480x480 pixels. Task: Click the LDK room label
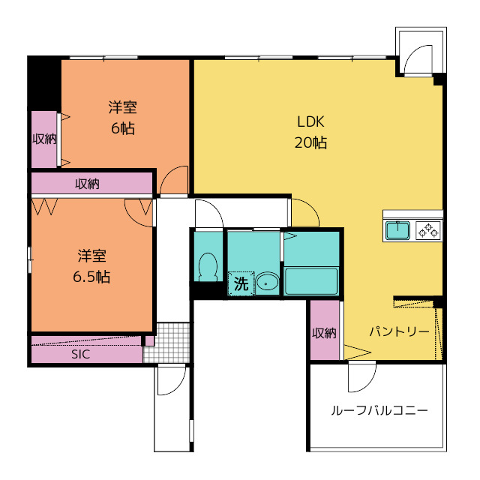pos(310,121)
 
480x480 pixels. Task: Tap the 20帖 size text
pos(310,142)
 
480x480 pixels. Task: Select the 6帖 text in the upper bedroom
pos(122,128)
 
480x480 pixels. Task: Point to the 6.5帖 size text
pos(91,277)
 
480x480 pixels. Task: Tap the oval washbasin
pos(267,283)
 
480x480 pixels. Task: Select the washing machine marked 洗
pos(241,283)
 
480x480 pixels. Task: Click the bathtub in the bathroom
pos(311,281)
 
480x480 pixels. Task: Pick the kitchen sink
pos(397,230)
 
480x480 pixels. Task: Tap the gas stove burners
pos(428,230)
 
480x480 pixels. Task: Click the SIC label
pos(80,354)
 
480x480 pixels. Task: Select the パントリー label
pos(399,331)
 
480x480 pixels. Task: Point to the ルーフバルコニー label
pos(379,410)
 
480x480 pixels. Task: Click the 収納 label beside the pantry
pos(324,333)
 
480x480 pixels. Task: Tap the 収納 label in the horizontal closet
pos(87,184)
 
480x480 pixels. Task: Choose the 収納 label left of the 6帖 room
pos(44,139)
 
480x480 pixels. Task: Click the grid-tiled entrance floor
pos(166,342)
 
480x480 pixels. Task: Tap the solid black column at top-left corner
pos(44,83)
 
